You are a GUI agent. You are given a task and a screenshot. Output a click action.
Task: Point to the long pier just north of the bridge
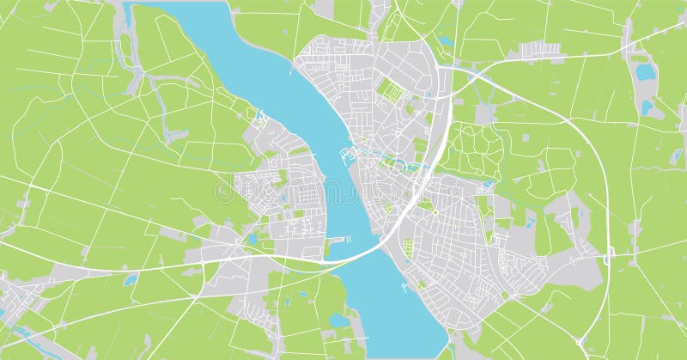337,240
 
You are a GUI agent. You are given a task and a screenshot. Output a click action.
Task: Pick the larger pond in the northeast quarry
645,72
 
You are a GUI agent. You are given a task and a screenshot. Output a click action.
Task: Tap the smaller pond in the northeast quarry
647,107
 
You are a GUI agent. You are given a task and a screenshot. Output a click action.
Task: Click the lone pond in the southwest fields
130,280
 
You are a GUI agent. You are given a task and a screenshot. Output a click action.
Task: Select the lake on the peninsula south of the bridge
339,320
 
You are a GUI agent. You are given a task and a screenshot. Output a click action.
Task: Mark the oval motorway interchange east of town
609,255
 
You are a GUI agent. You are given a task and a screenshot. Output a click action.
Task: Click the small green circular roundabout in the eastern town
435,210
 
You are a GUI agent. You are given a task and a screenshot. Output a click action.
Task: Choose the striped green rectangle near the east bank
408,248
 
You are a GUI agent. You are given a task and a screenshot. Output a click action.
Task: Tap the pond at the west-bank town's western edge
251,238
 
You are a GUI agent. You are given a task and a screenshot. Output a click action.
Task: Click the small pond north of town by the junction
445,40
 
